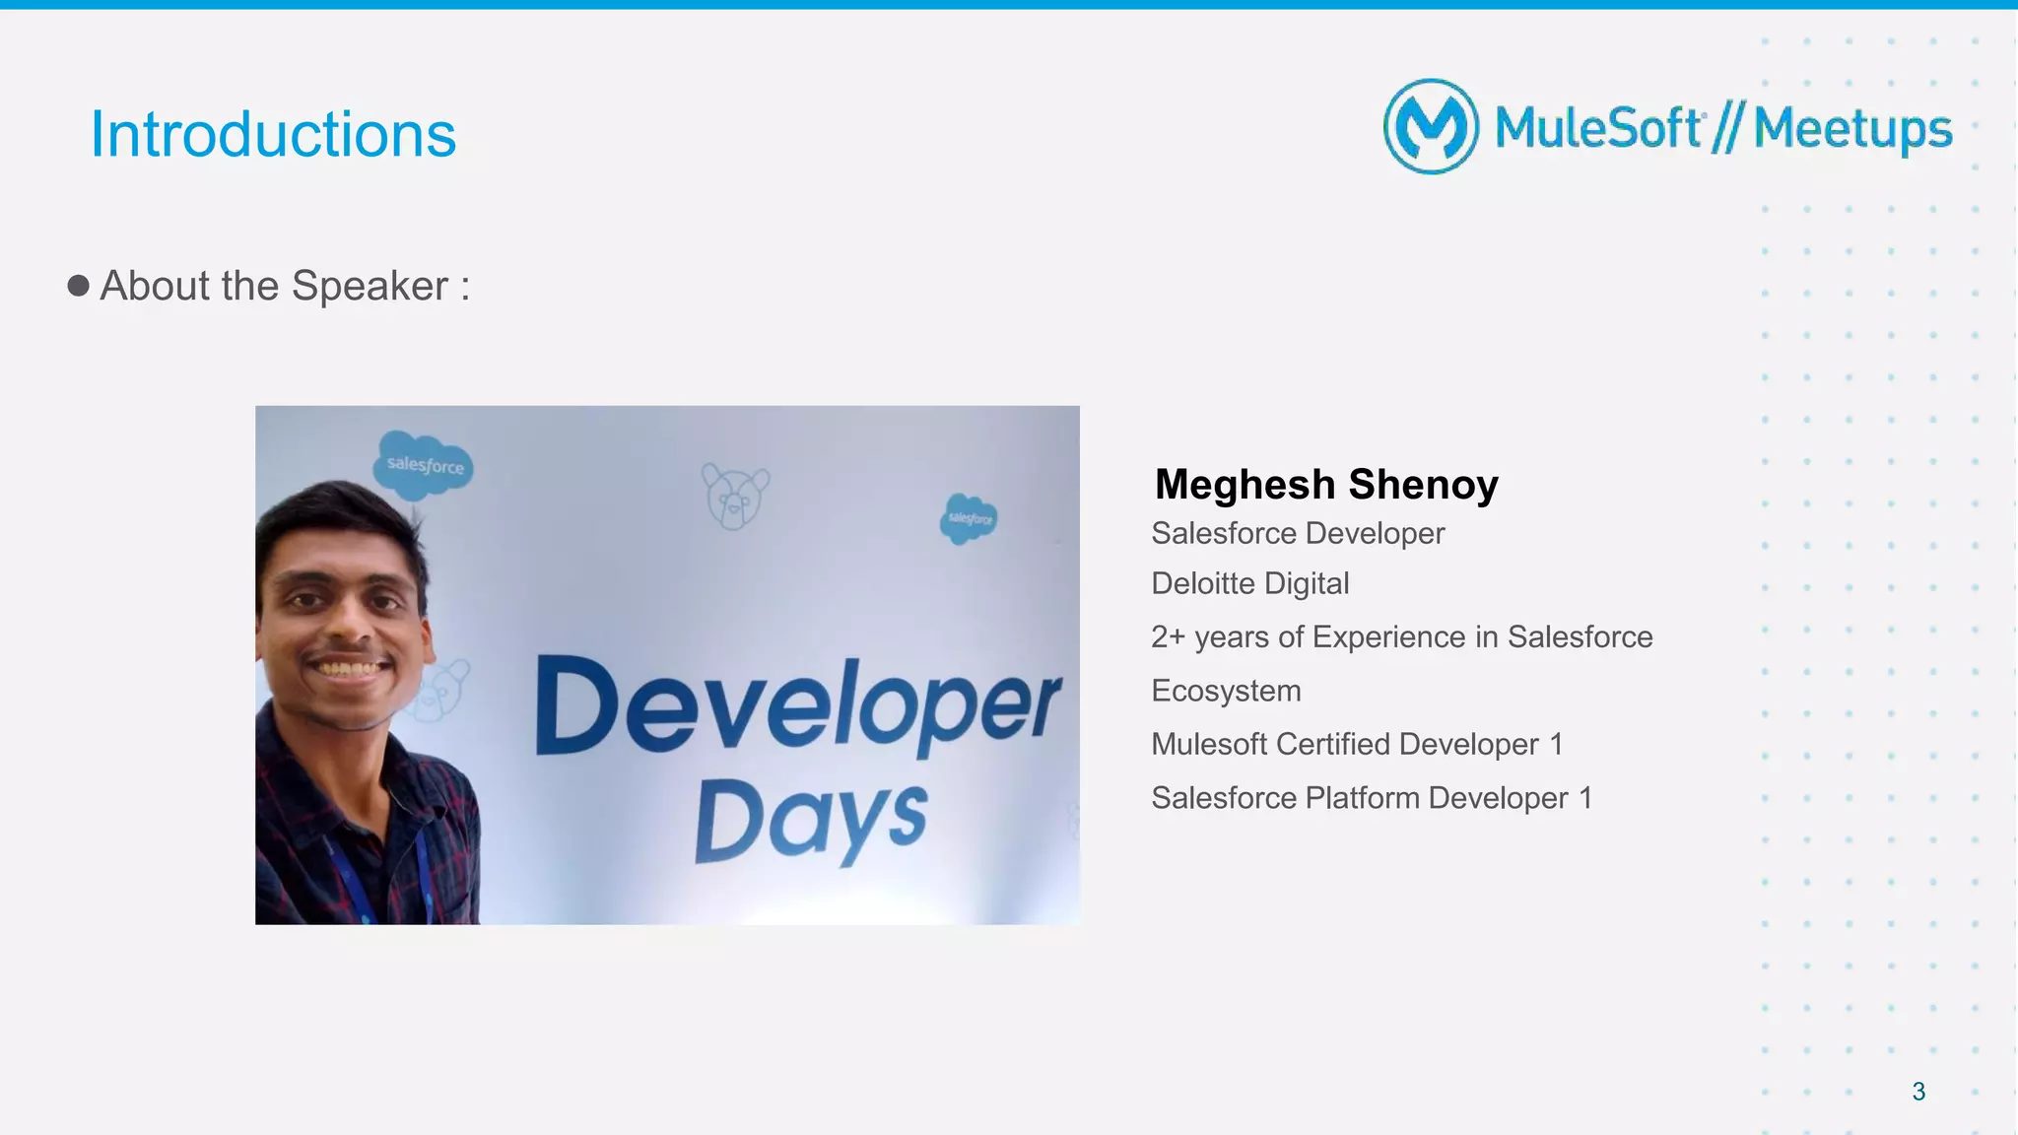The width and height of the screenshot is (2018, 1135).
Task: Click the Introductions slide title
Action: [273, 134]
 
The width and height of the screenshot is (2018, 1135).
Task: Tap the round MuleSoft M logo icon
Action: [1431, 127]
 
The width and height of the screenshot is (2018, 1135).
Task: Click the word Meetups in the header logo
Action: [1852, 129]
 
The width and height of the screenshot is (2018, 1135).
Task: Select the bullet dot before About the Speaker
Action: [79, 286]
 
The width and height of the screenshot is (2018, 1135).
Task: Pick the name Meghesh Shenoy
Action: [1326, 485]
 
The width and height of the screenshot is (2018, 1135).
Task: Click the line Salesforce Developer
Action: [1298, 533]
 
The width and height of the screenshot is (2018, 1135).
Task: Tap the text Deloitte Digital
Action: [1249, 583]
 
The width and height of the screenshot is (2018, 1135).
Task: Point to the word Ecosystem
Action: [1226, 691]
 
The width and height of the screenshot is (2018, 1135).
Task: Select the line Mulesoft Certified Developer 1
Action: [1357, 744]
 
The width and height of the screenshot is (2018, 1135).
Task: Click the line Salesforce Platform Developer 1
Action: [1372, 798]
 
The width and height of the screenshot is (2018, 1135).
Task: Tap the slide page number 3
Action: [1918, 1092]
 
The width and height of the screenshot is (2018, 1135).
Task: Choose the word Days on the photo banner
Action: [810, 820]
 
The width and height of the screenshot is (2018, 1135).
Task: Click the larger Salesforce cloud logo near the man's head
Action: [424, 464]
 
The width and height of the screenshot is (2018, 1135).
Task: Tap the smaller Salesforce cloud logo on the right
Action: [969, 518]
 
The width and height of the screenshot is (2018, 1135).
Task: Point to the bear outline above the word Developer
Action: [734, 496]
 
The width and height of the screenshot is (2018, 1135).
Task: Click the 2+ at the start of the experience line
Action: [1169, 637]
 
